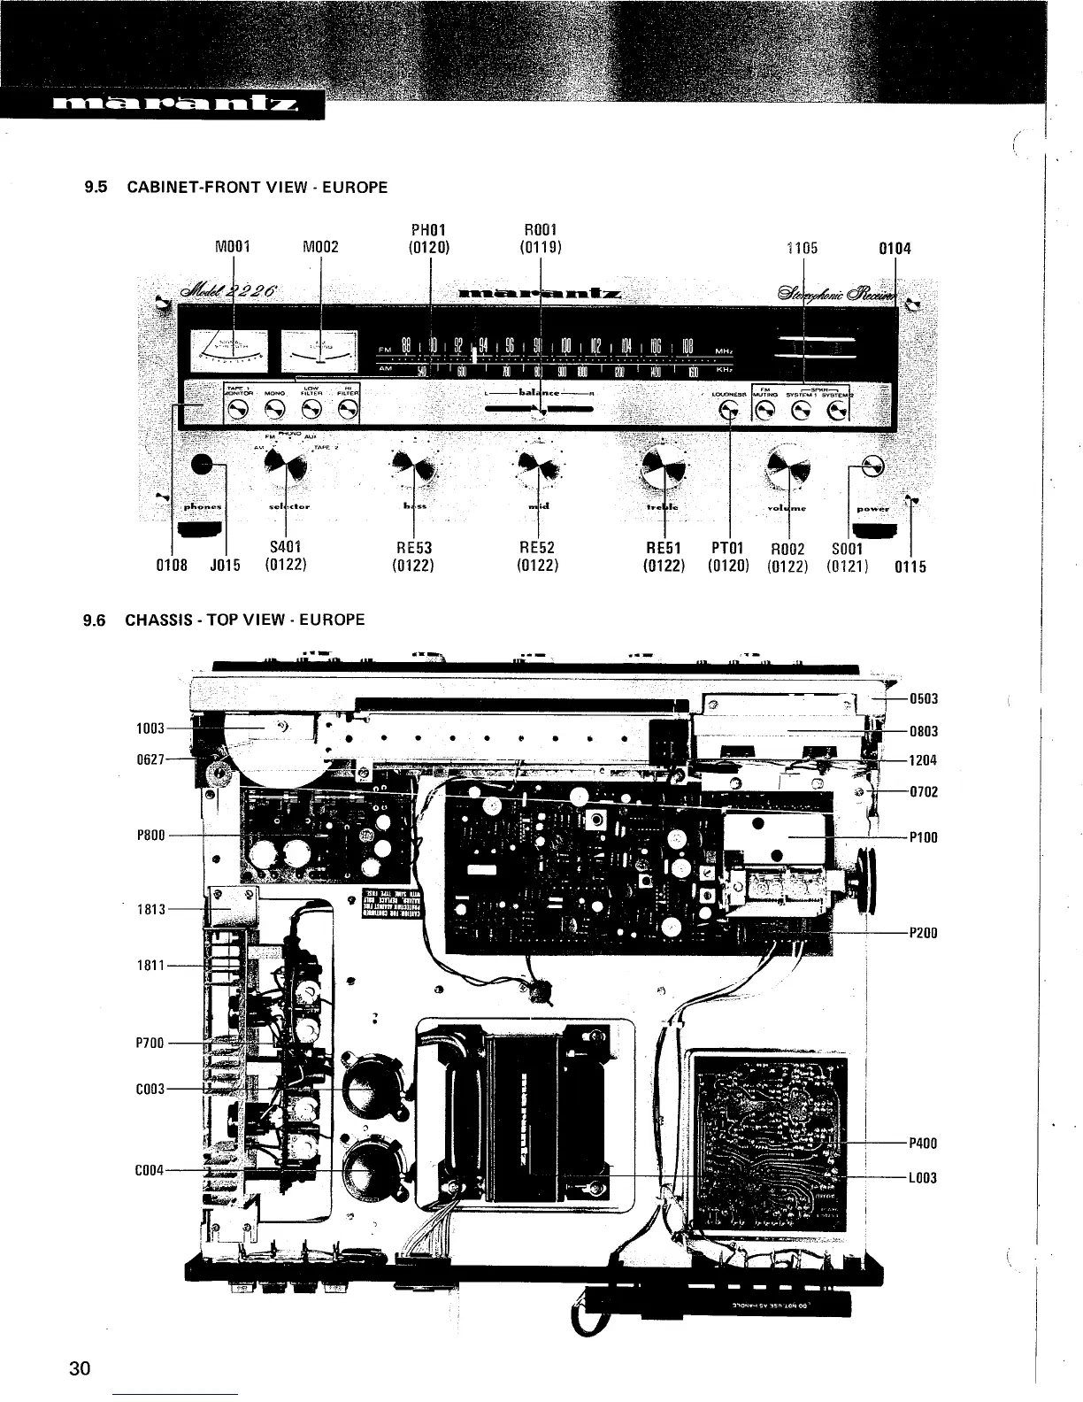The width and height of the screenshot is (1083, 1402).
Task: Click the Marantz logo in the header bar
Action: pyautogui.click(x=161, y=108)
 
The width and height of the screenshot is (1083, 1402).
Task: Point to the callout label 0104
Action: pyautogui.click(x=895, y=249)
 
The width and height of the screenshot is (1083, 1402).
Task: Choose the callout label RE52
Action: pyautogui.click(x=536, y=548)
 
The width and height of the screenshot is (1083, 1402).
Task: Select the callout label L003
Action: pyautogui.click(x=924, y=1177)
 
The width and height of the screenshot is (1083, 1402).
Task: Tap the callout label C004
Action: pyautogui.click(x=147, y=1170)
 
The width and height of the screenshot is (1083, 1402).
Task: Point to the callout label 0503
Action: pyautogui.click(x=924, y=699)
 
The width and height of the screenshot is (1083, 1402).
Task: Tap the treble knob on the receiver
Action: pyautogui.click(x=664, y=466)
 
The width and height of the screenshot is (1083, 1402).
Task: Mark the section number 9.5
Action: pyautogui.click(x=95, y=188)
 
